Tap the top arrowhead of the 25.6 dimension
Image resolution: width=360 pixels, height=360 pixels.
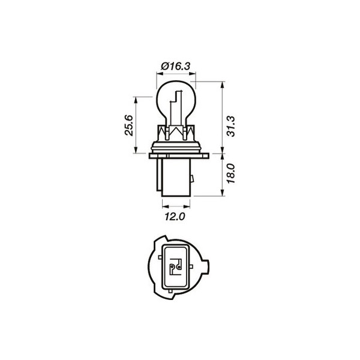pyautogui.click(x=138, y=98)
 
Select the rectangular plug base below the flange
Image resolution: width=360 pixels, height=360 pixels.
pyautogui.click(x=175, y=180)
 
